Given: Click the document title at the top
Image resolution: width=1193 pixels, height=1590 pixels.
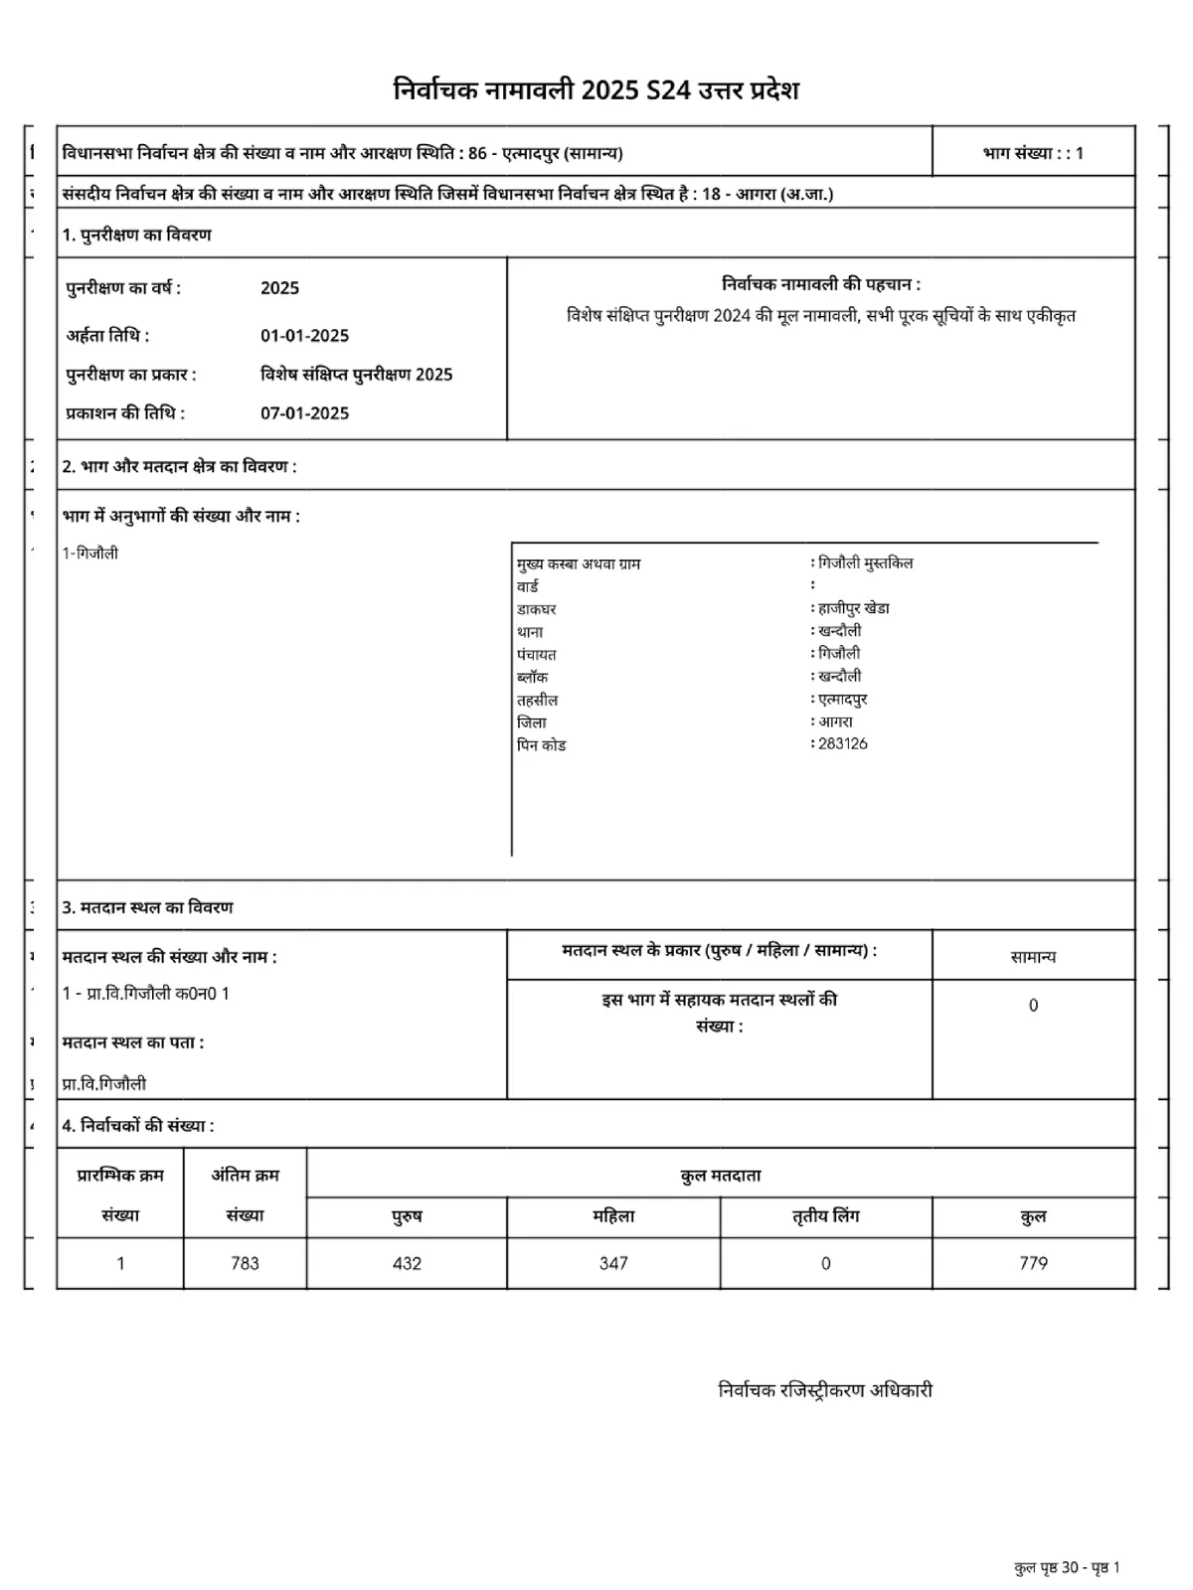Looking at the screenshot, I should point(596,90).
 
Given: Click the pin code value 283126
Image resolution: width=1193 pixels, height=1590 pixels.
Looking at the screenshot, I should point(842,743).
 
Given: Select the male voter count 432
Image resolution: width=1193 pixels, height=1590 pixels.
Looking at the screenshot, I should point(407,1263).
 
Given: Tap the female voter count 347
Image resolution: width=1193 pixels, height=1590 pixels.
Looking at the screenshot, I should point(613,1263).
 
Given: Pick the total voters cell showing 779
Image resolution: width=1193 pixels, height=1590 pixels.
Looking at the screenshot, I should point(1033,1263).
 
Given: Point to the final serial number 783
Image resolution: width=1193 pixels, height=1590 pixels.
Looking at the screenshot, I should point(245,1263).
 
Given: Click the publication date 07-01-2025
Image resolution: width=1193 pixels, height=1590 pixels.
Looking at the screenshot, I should point(304,413).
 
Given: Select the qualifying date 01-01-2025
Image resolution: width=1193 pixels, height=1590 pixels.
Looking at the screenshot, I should point(304,336).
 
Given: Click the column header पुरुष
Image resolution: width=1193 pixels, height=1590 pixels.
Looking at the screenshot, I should point(407,1216).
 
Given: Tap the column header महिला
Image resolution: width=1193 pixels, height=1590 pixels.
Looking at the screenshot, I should point(613,1216).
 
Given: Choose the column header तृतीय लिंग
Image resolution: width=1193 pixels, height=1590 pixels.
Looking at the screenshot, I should point(825,1216).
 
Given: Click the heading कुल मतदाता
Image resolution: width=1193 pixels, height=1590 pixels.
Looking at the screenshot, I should point(721,1176).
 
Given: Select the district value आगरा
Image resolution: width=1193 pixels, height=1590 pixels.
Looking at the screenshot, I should point(835,721).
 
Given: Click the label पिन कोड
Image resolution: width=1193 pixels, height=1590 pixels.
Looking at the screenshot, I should point(541,745).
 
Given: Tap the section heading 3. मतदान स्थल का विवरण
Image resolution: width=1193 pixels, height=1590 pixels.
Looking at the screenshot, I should point(148,907).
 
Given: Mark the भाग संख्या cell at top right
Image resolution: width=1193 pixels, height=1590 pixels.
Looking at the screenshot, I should point(1033,153).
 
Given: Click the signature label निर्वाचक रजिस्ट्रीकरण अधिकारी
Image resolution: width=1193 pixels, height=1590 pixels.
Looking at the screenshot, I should point(825,1390).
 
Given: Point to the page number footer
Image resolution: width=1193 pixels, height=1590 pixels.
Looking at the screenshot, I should point(1067,1568).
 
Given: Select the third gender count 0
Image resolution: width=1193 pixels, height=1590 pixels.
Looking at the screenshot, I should point(825,1263).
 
